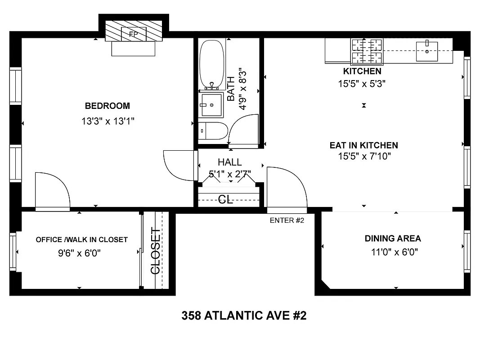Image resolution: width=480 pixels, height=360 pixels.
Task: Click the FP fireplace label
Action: tap(133, 34)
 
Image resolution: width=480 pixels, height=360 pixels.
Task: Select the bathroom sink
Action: tap(211, 105)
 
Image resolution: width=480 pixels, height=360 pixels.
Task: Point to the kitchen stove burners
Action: tap(366, 51)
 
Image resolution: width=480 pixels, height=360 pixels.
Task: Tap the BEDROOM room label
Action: tap(107, 106)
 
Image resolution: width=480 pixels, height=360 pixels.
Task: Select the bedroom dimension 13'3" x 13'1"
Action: tap(108, 121)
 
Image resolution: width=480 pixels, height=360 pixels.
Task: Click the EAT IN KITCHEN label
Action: tap(363, 145)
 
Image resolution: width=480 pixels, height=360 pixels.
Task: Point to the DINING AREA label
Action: tap(393, 238)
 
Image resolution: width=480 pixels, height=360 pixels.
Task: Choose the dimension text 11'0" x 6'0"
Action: tap(395, 252)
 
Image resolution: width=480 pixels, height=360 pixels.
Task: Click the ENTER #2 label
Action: tap(287, 220)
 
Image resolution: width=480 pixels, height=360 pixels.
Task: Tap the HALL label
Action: tap(229, 162)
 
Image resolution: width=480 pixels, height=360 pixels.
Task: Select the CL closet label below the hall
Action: tap(225, 199)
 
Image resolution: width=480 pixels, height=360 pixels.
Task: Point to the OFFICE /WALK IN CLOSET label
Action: tap(81, 240)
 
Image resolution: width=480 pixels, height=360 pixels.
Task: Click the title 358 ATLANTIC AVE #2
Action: tap(244, 316)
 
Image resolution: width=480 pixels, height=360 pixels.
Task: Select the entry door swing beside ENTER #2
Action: tap(287, 187)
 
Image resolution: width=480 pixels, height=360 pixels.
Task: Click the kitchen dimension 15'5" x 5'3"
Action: tap(362, 83)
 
